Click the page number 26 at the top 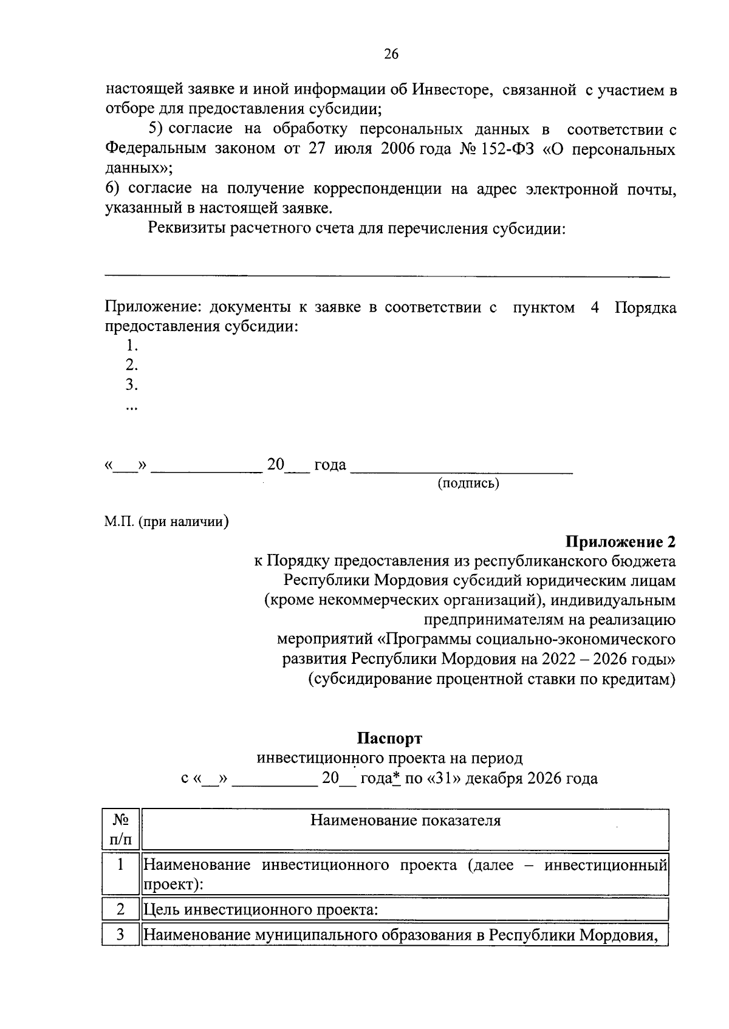(x=391, y=55)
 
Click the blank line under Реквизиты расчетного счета (x=387, y=276)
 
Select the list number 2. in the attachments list (x=132, y=365)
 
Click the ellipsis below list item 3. (x=131, y=407)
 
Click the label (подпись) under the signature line (x=468, y=484)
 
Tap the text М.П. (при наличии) (x=166, y=521)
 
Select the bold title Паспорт (x=389, y=738)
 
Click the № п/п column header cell (x=120, y=830)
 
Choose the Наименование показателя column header (x=405, y=821)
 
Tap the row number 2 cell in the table (x=120, y=909)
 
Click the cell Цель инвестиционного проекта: (x=261, y=910)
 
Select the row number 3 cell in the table (x=120, y=934)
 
